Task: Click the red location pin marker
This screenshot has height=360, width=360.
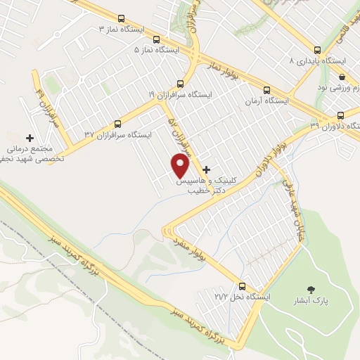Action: (181, 166)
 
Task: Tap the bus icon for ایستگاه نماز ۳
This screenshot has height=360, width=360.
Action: (122, 20)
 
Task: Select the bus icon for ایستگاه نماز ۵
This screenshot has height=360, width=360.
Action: (156, 40)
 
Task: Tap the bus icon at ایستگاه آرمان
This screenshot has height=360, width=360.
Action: (266, 90)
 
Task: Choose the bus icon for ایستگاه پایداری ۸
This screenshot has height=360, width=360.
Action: (317, 50)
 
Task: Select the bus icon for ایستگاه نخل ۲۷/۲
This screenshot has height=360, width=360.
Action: (242, 286)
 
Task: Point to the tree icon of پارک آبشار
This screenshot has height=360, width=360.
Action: (311, 289)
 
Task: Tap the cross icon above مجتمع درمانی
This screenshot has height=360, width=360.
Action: (30, 138)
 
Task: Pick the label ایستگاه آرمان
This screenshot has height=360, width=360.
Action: (266, 102)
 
